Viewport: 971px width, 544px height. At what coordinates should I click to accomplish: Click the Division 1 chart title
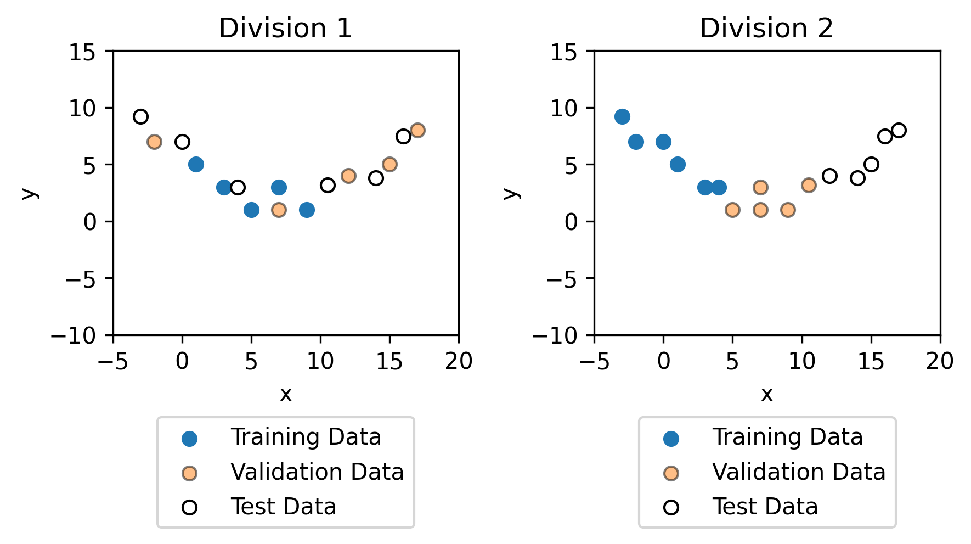point(285,29)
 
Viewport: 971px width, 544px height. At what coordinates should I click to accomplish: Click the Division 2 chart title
point(766,29)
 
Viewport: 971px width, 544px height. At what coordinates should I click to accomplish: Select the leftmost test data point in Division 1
point(141,116)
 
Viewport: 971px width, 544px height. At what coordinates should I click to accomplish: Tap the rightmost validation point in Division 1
point(417,130)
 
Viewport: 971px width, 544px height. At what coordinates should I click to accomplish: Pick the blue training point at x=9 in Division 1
point(307,210)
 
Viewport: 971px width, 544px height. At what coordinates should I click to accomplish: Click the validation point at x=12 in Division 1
point(348,176)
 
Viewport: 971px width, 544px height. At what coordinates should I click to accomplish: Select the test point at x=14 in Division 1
point(376,178)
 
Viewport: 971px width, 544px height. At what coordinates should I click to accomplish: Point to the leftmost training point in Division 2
point(622,116)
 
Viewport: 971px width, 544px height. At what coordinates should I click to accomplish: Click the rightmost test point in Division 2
point(899,130)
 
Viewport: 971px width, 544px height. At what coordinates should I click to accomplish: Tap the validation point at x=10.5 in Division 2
point(809,185)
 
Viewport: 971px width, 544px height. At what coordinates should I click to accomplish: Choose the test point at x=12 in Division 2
point(829,176)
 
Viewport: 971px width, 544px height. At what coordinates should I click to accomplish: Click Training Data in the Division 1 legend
point(306,438)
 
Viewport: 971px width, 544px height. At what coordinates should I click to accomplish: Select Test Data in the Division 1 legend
point(283,507)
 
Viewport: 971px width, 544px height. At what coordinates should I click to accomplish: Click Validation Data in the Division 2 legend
point(798,472)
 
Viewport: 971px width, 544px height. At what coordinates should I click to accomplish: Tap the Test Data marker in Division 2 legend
point(671,507)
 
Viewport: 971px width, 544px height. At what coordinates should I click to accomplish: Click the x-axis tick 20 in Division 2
point(940,361)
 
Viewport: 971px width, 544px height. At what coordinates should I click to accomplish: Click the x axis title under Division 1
point(285,394)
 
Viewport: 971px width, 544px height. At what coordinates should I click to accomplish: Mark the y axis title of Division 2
point(511,193)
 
